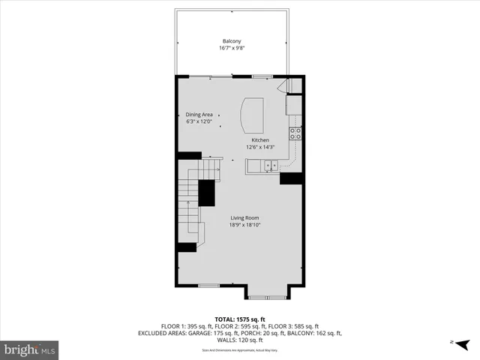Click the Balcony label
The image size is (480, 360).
231,40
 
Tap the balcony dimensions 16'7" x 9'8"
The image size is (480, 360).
231,48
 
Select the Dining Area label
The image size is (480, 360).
199,115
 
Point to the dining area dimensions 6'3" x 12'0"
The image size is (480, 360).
199,121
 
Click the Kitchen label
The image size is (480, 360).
260,140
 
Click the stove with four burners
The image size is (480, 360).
295,134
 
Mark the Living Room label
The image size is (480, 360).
244,217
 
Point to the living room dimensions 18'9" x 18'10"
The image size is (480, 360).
244,225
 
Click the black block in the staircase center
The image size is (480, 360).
206,193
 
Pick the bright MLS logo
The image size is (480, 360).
30,349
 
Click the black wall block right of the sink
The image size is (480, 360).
290,178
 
